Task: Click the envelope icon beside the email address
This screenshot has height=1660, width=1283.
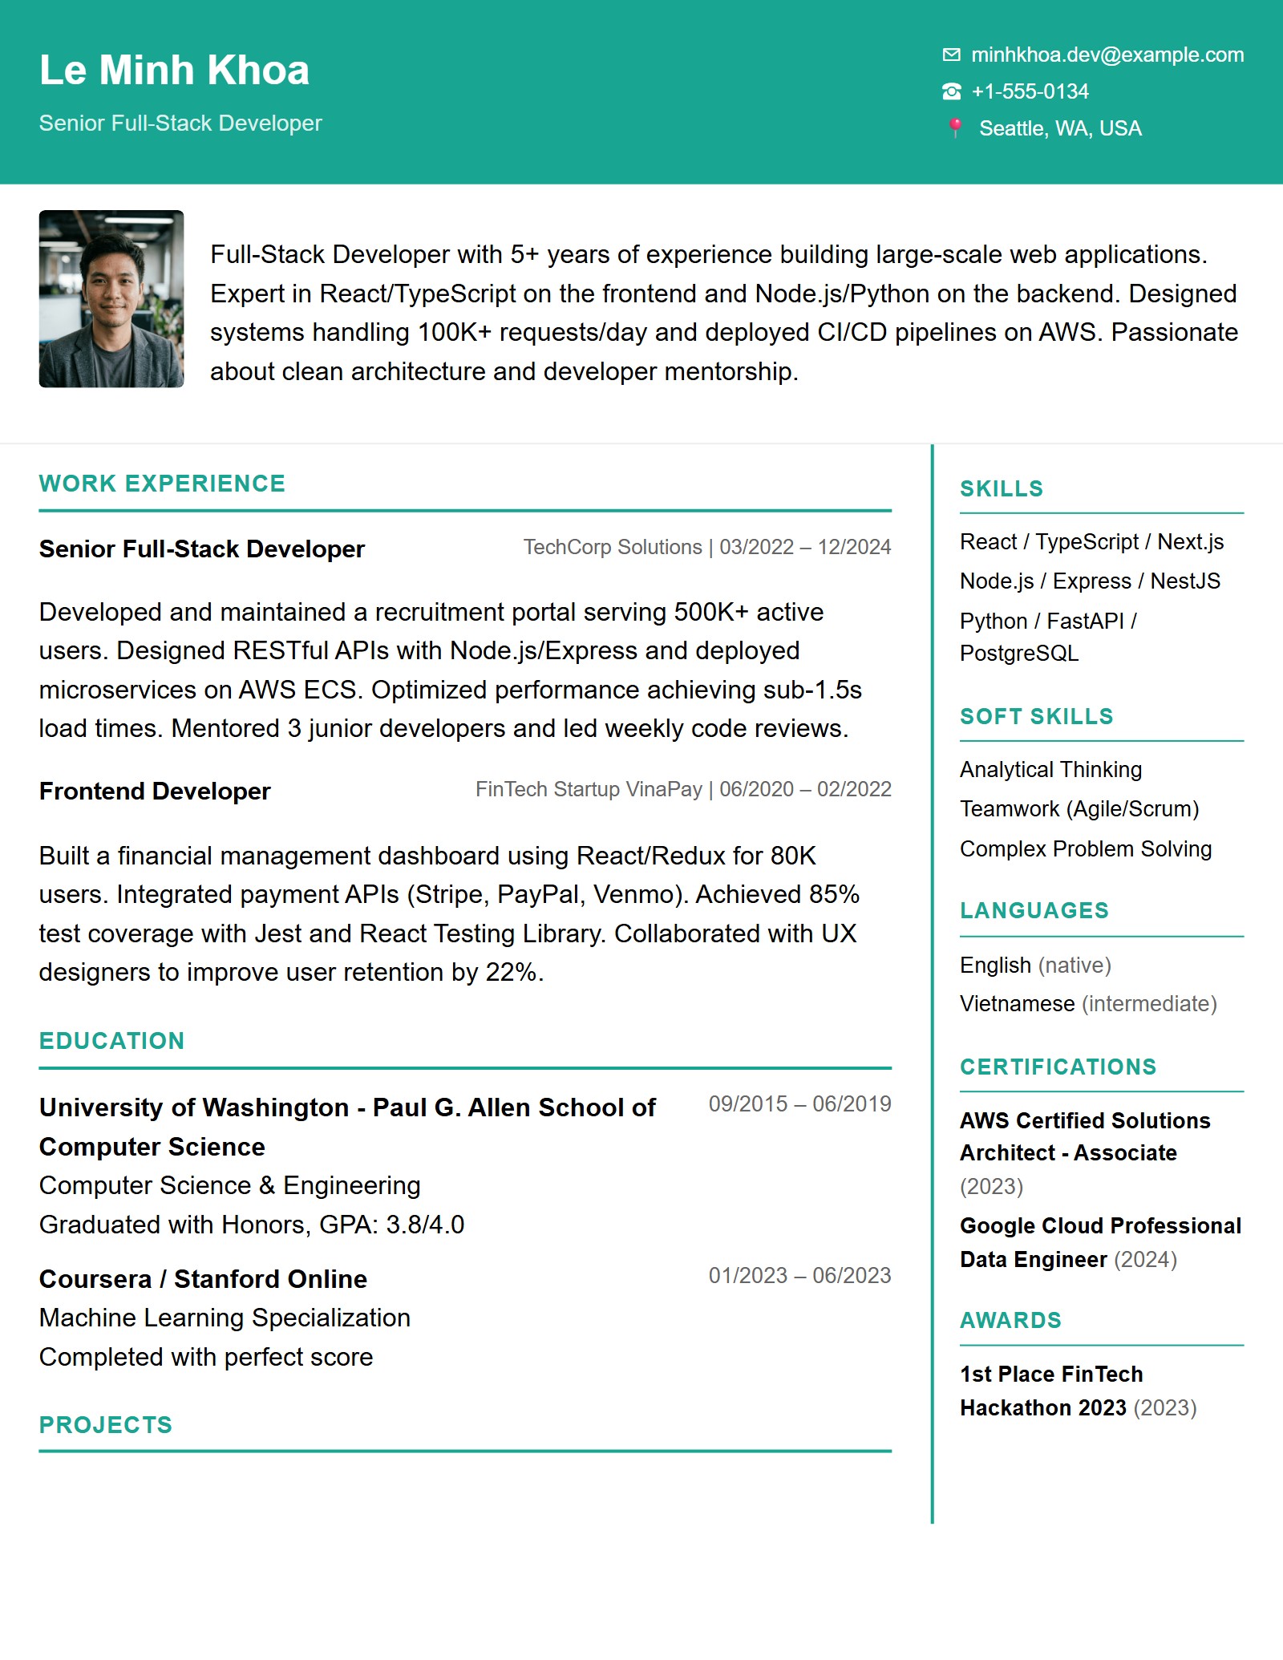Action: click(951, 55)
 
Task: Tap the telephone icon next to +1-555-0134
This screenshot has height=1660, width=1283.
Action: click(951, 92)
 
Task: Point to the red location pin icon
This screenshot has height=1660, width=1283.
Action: click(955, 128)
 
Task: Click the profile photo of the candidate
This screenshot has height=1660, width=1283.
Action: click(111, 299)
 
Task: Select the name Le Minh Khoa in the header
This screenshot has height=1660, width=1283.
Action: click(174, 71)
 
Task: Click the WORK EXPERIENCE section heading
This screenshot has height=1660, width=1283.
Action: click(162, 484)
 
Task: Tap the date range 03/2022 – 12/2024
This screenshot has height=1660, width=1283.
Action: click(805, 547)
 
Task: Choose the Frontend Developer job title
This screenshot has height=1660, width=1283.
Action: click(155, 792)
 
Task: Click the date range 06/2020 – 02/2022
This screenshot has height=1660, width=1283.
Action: click(805, 789)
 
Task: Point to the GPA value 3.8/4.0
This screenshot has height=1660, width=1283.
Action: click(425, 1225)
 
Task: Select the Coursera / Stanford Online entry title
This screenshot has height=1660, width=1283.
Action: click(203, 1279)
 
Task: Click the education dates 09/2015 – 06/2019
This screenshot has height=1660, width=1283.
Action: click(799, 1104)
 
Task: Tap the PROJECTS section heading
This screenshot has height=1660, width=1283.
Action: click(106, 1425)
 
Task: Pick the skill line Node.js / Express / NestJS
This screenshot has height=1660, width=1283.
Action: click(1090, 581)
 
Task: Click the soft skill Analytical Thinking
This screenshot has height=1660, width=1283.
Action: click(1050, 770)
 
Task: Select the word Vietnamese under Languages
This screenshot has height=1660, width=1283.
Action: click(1017, 1004)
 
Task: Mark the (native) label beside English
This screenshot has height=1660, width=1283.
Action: click(1075, 966)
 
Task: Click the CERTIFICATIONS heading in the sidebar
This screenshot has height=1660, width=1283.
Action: click(1058, 1067)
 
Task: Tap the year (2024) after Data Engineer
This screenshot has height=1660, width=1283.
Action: click(1145, 1260)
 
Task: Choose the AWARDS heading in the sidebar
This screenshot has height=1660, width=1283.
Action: click(1010, 1321)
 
